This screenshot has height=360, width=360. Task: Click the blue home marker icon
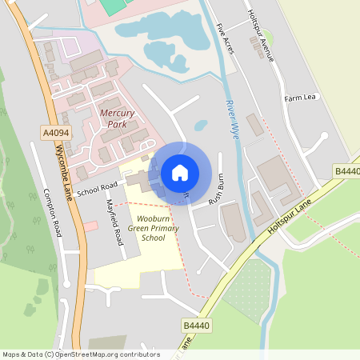180,172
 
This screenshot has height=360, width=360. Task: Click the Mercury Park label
117,118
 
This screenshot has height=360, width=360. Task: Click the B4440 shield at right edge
347,171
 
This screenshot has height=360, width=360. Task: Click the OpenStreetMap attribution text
80,354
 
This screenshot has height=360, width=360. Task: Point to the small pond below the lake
201,125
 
